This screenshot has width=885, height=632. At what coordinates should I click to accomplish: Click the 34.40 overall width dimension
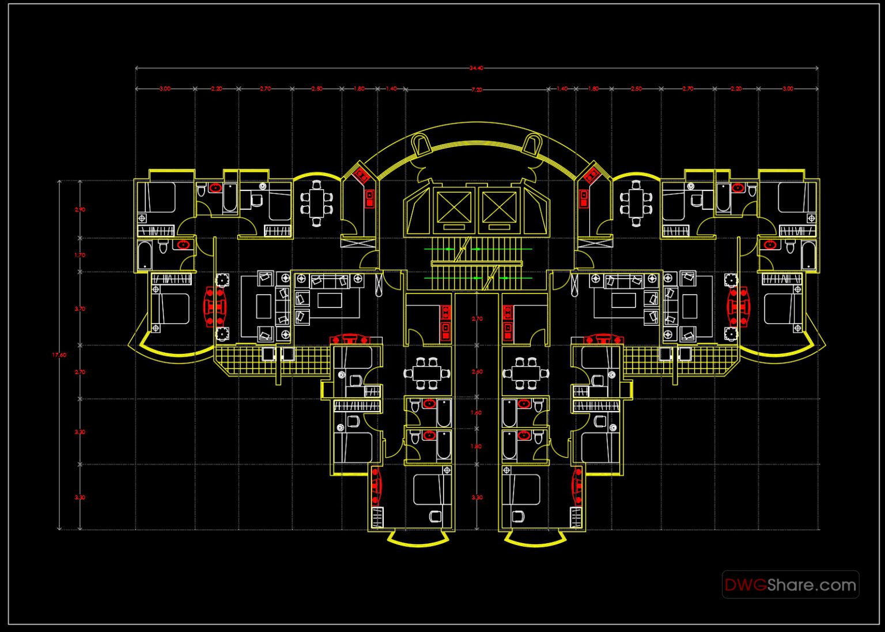pyautogui.click(x=476, y=68)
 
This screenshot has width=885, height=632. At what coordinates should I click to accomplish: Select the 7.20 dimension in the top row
pyautogui.click(x=476, y=89)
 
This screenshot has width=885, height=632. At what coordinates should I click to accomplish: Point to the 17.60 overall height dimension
pyautogui.click(x=59, y=355)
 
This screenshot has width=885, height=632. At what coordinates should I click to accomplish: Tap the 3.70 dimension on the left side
pyautogui.click(x=80, y=309)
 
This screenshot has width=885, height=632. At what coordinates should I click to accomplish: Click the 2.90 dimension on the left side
pyautogui.click(x=80, y=210)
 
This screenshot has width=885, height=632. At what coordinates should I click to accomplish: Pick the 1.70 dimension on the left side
pyautogui.click(x=80, y=255)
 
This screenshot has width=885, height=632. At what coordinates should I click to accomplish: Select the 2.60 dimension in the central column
pyautogui.click(x=477, y=372)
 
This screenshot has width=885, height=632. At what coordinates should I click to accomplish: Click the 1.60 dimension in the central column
pyautogui.click(x=476, y=413)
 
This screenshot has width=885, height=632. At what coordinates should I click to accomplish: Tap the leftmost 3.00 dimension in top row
pyautogui.click(x=165, y=89)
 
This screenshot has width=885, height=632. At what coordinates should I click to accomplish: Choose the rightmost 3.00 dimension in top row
pyautogui.click(x=788, y=89)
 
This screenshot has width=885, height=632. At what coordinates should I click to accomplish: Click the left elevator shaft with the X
pyautogui.click(x=453, y=206)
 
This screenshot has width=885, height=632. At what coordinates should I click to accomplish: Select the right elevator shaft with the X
pyautogui.click(x=499, y=206)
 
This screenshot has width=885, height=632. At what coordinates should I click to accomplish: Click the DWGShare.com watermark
pyautogui.click(x=790, y=585)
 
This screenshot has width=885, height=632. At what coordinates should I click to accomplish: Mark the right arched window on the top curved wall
pyautogui.click(x=532, y=144)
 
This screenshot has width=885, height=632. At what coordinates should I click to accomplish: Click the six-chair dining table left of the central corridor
pyautogui.click(x=427, y=374)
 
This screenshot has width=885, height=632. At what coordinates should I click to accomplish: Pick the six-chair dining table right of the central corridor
pyautogui.click(x=525, y=374)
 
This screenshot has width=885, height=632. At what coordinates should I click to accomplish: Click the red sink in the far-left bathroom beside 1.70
pyautogui.click(x=183, y=244)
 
